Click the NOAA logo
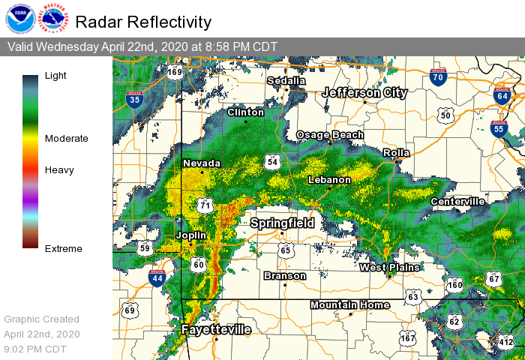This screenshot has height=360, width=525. pyautogui.click(x=19, y=19)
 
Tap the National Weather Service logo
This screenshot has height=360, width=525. pyautogui.click(x=54, y=19)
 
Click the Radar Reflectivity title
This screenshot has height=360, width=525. pyautogui.click(x=143, y=22)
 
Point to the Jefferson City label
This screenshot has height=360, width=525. pyautogui.click(x=365, y=93)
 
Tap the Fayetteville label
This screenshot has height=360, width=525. pyautogui.click(x=216, y=329)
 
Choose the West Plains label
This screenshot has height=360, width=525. pyautogui.click(x=389, y=267)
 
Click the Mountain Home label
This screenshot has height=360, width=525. pyautogui.click(x=350, y=304)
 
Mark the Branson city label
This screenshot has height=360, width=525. pyautogui.click(x=285, y=276)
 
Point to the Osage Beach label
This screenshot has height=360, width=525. pyautogui.click(x=330, y=135)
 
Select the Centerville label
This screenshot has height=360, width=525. pyautogui.click(x=457, y=201)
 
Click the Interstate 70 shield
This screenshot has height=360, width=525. pyautogui.click(x=439, y=76)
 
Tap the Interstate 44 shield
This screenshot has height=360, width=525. pyautogui.click(x=157, y=279)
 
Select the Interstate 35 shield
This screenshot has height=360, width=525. pyautogui.click(x=135, y=98)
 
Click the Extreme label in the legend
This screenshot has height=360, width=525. pyautogui.click(x=64, y=248)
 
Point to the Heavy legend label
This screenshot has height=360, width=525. pyautogui.click(x=59, y=169)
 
